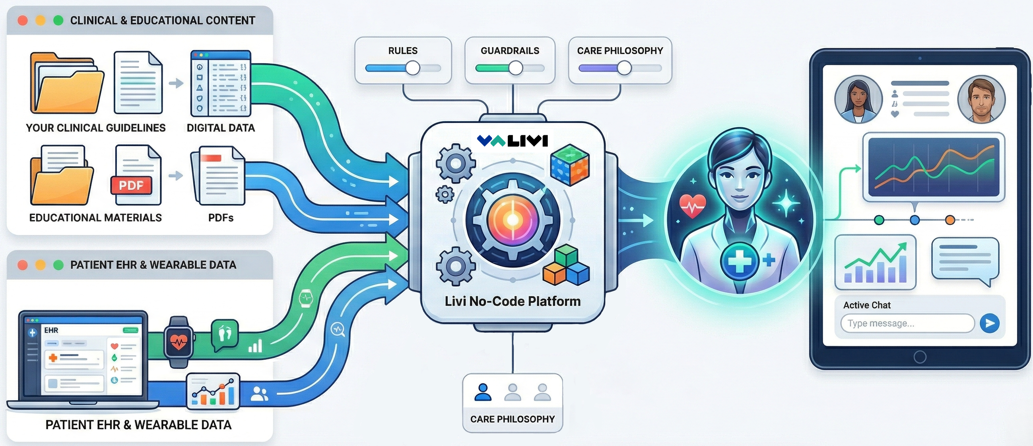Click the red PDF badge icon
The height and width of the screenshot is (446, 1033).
(x=132, y=185)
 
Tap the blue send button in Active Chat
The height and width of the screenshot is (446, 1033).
(x=989, y=323)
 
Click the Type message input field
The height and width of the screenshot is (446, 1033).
(x=907, y=323)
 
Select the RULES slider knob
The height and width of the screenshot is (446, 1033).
(x=413, y=68)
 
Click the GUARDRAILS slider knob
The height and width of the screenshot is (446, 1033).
(x=516, y=68)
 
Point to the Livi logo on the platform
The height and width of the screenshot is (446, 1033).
(x=513, y=140)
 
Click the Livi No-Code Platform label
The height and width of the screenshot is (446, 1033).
(x=513, y=301)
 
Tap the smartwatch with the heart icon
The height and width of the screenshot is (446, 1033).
(x=179, y=342)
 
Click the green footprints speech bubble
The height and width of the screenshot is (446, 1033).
(x=225, y=334)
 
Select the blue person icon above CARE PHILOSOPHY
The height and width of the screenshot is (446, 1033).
(x=483, y=392)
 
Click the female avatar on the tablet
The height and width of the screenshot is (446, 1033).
(x=858, y=99)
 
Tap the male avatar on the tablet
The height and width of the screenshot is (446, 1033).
(x=981, y=99)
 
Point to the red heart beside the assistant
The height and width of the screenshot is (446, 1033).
(x=693, y=205)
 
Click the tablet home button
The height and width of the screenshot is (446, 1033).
(x=920, y=356)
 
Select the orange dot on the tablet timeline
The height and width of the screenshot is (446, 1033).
(x=950, y=220)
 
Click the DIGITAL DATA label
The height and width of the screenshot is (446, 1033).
(x=221, y=128)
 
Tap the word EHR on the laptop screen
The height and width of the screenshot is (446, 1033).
(x=51, y=330)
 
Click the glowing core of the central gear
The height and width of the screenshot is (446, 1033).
(x=513, y=220)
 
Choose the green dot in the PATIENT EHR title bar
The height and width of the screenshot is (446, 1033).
(x=58, y=265)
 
